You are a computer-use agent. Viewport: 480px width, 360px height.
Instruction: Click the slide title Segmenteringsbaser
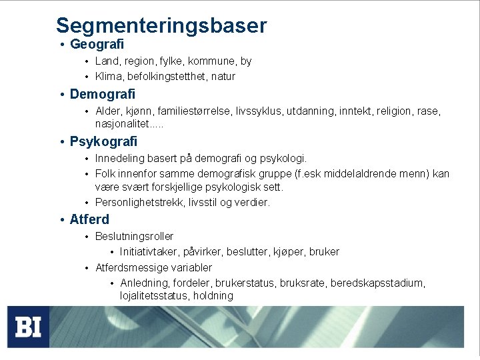point(161,25)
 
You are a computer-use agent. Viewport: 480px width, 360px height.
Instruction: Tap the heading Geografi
point(97,45)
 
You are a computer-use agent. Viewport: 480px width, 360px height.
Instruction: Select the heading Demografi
point(102,94)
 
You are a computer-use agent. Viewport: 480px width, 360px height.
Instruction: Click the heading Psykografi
point(103,141)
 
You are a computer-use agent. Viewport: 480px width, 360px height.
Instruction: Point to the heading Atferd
point(89,219)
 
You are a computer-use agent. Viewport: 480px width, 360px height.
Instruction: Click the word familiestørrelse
point(176,111)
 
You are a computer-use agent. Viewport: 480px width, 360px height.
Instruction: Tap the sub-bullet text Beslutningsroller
point(134,237)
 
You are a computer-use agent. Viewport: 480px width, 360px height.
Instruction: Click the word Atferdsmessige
point(131,267)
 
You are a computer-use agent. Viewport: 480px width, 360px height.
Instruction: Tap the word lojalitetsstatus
point(154,296)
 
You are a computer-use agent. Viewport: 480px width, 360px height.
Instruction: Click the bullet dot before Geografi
point(61,45)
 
